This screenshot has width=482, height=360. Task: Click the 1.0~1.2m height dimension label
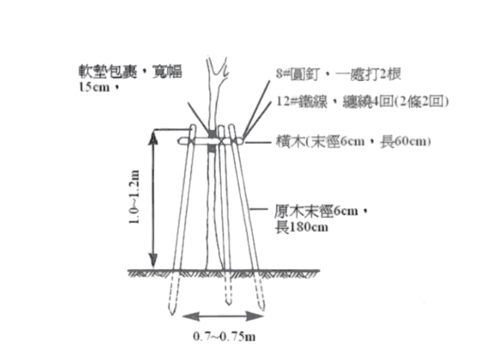[135, 196]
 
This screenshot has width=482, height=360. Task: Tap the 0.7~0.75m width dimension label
[224, 337]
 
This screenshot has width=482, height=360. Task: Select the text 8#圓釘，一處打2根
[338, 74]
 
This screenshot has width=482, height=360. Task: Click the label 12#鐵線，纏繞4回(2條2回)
[363, 101]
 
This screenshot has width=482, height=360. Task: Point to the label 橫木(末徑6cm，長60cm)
[353, 141]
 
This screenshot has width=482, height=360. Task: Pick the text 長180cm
[301, 228]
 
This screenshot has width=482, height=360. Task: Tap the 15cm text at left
[94, 87]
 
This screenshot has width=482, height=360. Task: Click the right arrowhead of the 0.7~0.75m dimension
[255, 316]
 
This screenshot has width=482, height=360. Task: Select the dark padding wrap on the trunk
[212, 141]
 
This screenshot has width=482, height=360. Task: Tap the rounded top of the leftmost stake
[192, 127]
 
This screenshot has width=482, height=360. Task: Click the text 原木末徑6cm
[317, 211]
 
